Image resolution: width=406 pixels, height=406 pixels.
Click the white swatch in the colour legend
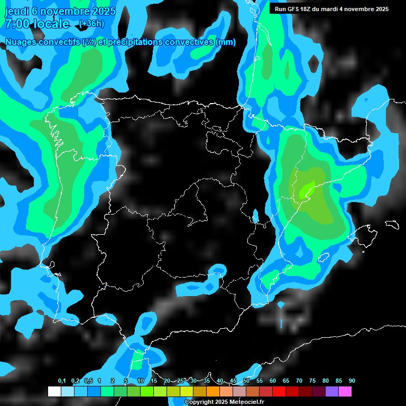pyautogui.click(x=54, y=391)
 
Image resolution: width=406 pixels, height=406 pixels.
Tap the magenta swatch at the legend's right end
pyautogui.click(x=345, y=391)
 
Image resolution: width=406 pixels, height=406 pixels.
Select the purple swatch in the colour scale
pyautogui.click(x=332, y=391)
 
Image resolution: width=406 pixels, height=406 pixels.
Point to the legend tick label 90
pyautogui.click(x=352, y=381)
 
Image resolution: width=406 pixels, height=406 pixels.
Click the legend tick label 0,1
pyautogui.click(x=62, y=381)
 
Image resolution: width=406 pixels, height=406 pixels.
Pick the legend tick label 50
pyautogui.click(x=246, y=381)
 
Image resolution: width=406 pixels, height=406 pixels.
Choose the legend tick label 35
pyautogui.click(x=207, y=381)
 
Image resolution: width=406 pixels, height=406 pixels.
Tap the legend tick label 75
pyautogui.click(x=312, y=381)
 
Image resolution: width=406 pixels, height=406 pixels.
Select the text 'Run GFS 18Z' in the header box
pyautogui.click(x=294, y=9)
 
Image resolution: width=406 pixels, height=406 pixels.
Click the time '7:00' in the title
pyautogui.click(x=16, y=24)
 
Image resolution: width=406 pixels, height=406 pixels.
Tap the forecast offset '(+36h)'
pyautogui.click(x=91, y=24)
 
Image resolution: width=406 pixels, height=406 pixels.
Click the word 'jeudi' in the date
pyautogui.click(x=16, y=10)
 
